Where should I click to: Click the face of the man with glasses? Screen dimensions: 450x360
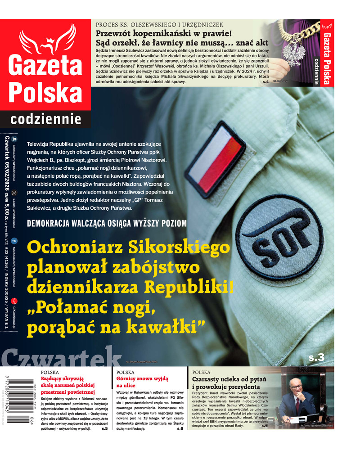tap(295, 387)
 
